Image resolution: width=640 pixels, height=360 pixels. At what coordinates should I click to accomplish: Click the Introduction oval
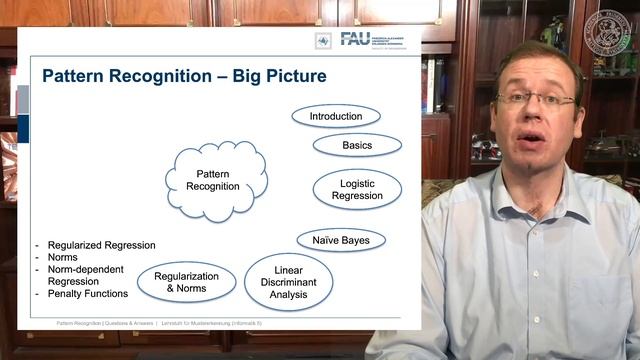335,116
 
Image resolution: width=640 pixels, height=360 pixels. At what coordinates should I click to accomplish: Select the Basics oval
357,145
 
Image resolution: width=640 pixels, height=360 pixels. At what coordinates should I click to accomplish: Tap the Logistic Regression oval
357,189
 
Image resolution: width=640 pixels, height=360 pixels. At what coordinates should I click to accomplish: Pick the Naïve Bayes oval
341,240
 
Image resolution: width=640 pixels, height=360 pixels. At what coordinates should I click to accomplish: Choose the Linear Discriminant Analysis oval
289,282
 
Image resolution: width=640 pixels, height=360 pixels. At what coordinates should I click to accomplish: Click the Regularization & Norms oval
187,282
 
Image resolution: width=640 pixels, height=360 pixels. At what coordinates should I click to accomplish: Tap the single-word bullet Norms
63,257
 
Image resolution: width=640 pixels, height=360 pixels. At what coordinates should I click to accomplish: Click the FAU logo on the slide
355,39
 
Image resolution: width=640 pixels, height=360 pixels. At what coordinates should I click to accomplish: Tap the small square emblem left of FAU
323,40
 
